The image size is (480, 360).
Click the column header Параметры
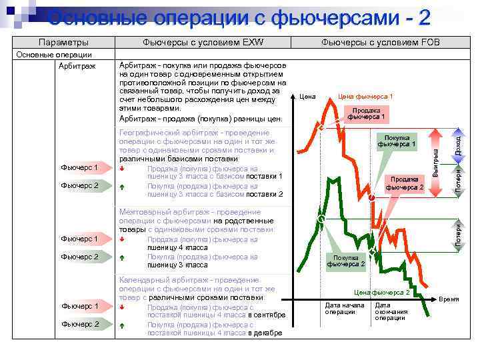click(63, 43)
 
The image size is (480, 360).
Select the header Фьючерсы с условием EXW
click(203, 43)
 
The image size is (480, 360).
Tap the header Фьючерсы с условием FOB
click(381, 43)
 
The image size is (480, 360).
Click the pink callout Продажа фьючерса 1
click(366, 113)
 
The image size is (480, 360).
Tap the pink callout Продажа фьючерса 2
click(405, 183)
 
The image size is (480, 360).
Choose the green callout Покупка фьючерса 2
click(345, 261)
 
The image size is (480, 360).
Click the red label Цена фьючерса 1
click(365, 97)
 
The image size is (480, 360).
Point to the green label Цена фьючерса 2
click(381, 293)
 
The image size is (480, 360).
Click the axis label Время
click(449, 299)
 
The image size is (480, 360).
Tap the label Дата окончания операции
click(389, 311)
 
